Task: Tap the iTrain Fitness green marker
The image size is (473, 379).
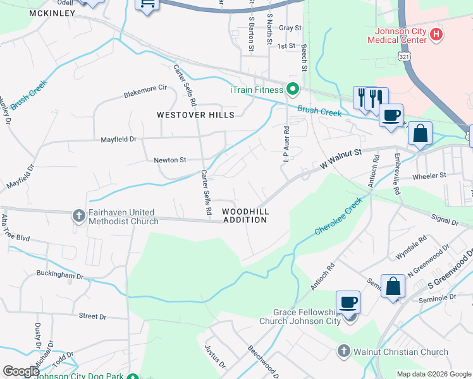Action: point(292,90)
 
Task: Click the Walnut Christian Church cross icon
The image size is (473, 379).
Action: point(343,351)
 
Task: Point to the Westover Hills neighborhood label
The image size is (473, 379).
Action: point(196,115)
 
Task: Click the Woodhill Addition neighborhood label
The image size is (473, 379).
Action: point(245,215)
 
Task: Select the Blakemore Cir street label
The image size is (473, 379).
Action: point(145,93)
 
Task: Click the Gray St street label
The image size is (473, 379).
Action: point(290,28)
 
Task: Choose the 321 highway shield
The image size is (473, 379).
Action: point(403,57)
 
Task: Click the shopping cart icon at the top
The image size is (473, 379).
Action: point(148,5)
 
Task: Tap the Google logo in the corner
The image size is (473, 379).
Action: point(21,371)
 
